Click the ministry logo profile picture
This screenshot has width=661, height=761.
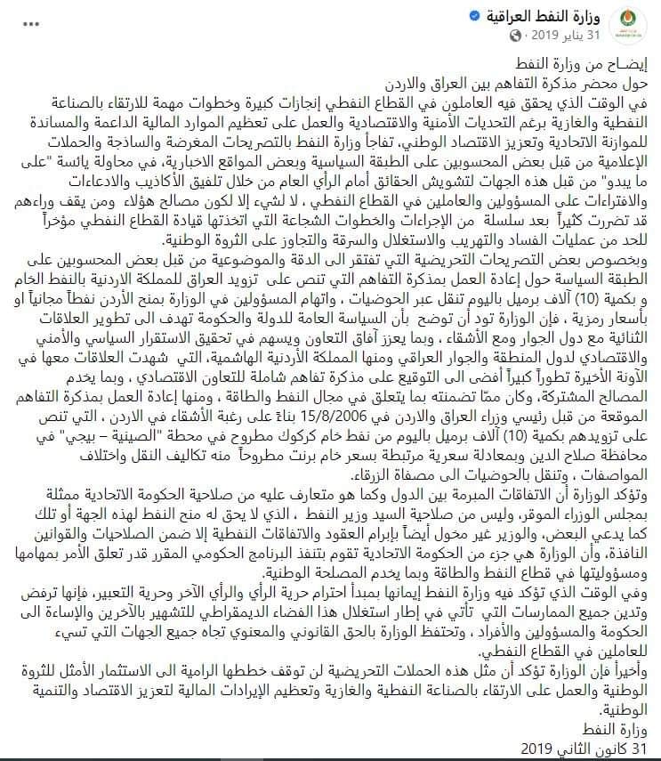point(636,23)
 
